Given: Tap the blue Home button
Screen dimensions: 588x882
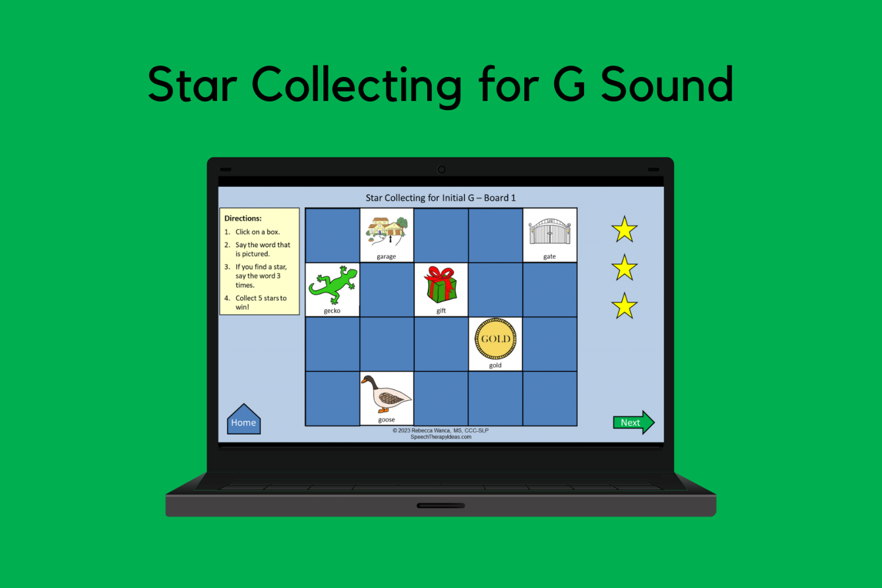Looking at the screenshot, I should point(243,421).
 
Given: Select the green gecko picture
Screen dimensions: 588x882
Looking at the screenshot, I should point(332,285).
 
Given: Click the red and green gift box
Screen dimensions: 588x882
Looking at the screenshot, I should point(440,284).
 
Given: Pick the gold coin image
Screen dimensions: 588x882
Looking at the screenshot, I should point(496,339).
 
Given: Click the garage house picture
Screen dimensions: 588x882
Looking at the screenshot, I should point(386,231).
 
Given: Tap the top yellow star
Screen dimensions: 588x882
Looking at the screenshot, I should point(624,230).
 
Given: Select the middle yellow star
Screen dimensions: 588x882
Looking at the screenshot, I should point(624,268).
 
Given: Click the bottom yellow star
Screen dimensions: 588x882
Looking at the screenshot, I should point(624,306).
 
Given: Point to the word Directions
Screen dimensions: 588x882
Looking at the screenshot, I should point(243,218).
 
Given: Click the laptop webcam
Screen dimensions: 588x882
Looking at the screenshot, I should point(441,169).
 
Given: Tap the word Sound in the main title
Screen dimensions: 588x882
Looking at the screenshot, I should point(667,84).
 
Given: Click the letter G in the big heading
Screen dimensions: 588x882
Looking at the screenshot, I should point(569,84).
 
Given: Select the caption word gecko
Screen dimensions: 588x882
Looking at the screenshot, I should point(332,311).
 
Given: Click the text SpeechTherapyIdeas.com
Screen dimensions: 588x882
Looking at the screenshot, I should point(440,437).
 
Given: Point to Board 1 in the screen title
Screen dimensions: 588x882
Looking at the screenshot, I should point(500,198).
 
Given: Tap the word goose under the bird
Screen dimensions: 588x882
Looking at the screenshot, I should point(386,420).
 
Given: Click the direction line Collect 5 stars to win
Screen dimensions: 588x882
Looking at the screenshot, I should point(260,302).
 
